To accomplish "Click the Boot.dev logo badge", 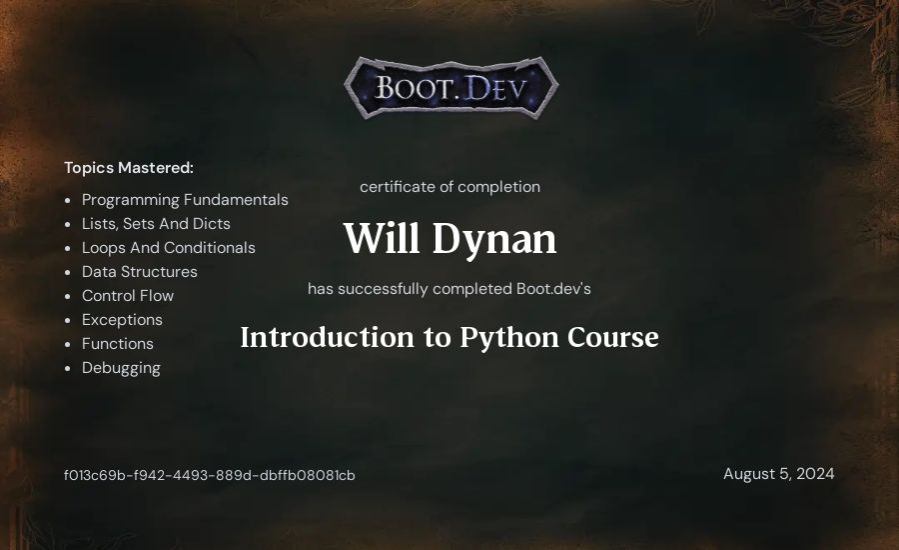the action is pos(450,88).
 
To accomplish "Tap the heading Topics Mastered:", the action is pos(129,168).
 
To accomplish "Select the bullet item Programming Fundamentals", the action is pos(185,200).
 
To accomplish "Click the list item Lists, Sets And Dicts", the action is pos(156,224).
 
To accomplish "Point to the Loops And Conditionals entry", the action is pos(168,247).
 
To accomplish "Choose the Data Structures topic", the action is pos(139,272).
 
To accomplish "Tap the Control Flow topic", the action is pos(127,296).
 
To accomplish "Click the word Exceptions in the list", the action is pos(122,320).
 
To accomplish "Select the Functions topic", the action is pos(118,344).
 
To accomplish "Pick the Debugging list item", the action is pos(121,368).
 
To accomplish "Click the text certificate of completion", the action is pos(449,187).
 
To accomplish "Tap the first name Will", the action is pos(382,238).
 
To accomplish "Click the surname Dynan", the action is pos(494,240).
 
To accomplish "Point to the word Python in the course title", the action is pos(509,338).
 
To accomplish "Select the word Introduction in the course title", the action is pos(327,337).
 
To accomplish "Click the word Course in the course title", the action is pos(613,337).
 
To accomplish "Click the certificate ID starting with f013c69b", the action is pos(210,475).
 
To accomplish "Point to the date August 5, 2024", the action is pos(778,474).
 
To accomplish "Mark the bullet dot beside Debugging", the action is pos(68,368).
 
